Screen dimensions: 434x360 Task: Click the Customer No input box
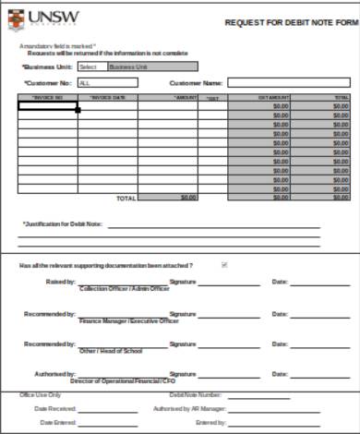point(107,82)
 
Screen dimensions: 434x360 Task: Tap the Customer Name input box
point(289,82)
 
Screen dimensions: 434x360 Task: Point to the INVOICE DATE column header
point(107,97)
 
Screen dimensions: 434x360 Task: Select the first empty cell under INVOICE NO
point(47,106)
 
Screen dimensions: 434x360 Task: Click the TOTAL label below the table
point(124,198)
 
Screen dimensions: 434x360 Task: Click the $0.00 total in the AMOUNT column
point(188,198)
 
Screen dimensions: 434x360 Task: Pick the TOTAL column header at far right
point(341,97)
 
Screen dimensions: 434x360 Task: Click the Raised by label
point(60,281)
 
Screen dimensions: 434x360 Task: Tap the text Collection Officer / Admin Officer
point(125,289)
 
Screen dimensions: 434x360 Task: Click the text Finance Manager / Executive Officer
point(129,321)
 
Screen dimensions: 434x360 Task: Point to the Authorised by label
point(56,374)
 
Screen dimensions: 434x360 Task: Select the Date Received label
point(54,408)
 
